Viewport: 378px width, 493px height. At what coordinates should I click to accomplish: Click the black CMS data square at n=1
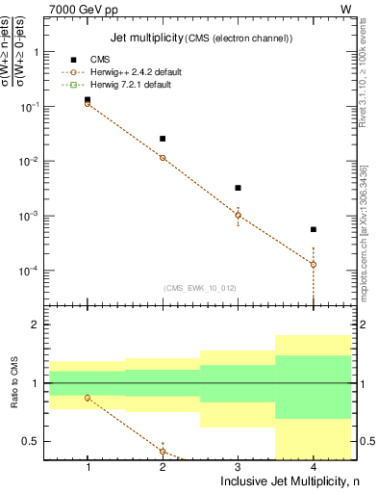pyautogui.click(x=88, y=99)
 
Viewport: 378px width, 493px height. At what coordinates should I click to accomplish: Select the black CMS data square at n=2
pyautogui.click(x=163, y=139)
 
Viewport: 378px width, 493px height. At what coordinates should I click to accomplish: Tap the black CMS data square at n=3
pyautogui.click(x=238, y=188)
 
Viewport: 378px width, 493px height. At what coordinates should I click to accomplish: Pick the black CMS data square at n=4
pyautogui.click(x=314, y=229)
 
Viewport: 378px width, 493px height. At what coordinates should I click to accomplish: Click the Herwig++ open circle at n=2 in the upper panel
pyautogui.click(x=163, y=158)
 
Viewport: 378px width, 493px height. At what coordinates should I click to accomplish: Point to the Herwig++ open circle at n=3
pyautogui.click(x=238, y=215)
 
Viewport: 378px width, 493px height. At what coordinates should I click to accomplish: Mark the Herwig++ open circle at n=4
pyautogui.click(x=314, y=264)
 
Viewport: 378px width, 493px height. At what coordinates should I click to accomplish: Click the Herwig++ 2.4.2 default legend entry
pyautogui.click(x=135, y=72)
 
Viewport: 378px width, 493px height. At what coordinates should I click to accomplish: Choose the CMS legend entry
pyautogui.click(x=100, y=60)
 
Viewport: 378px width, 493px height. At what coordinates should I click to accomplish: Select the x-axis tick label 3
pyautogui.click(x=238, y=467)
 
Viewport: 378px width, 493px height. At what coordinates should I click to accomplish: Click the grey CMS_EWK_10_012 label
pyautogui.click(x=198, y=288)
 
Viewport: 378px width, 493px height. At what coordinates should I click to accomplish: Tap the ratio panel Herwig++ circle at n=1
pyautogui.click(x=88, y=398)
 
